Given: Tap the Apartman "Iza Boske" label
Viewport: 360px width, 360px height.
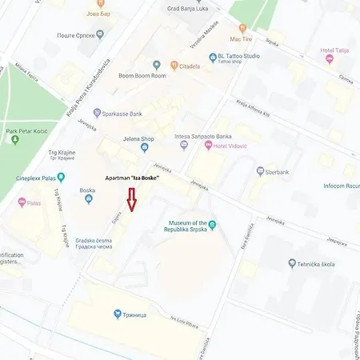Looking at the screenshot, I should (132, 178).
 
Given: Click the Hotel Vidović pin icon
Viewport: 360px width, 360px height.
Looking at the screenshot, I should (208, 146).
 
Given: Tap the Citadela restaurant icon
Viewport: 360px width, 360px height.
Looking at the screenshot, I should (174, 65).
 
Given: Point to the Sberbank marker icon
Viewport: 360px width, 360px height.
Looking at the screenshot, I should (260, 170).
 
